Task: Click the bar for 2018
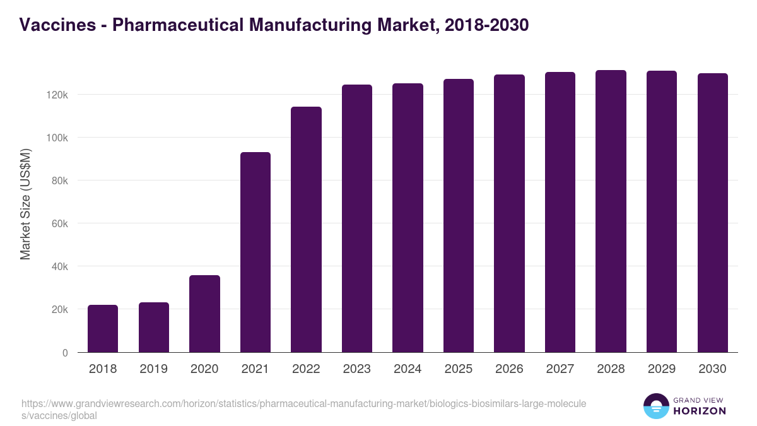pyautogui.click(x=103, y=328)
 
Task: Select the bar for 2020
pyautogui.click(x=204, y=314)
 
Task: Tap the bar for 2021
pyautogui.click(x=255, y=252)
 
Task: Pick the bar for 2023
pyautogui.click(x=357, y=218)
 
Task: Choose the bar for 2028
pyautogui.click(x=611, y=211)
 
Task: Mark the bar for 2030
pyautogui.click(x=712, y=213)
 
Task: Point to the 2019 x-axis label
pyautogui.click(x=153, y=369)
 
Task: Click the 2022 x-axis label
pyautogui.click(x=306, y=369)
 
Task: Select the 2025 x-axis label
pyautogui.click(x=459, y=369)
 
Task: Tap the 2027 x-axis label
pyautogui.click(x=560, y=369)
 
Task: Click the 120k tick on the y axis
pyautogui.click(x=57, y=95)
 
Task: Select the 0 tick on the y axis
pyautogui.click(x=65, y=353)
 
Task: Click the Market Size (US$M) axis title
pyautogui.click(x=25, y=203)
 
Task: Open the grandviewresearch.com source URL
pyautogui.click(x=303, y=410)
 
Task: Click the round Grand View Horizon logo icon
pyautogui.click(x=656, y=406)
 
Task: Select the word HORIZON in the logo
pyautogui.click(x=700, y=411)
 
